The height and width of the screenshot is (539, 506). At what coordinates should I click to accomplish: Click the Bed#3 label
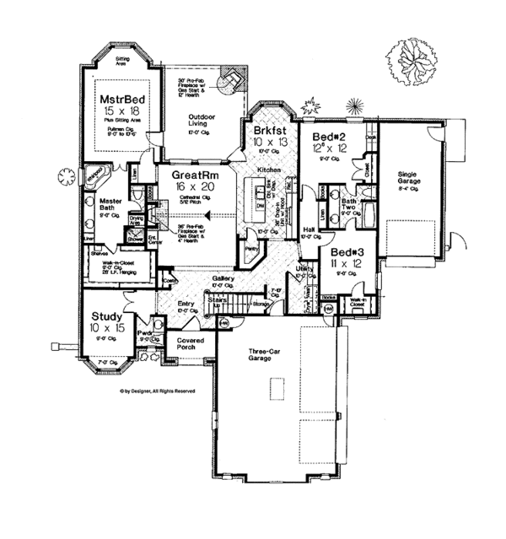pyautogui.click(x=347, y=252)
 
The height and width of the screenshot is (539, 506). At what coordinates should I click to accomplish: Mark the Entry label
pyautogui.click(x=187, y=304)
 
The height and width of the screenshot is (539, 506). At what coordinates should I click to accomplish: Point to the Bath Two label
pyautogui.click(x=347, y=203)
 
